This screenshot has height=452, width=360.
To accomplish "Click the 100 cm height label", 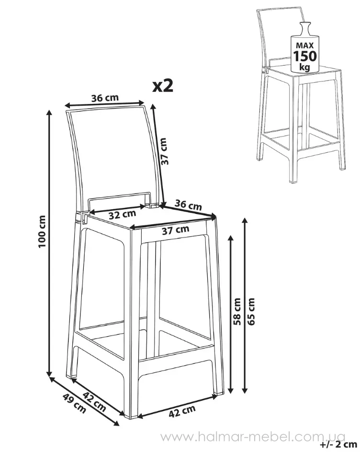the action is [x=42, y=231].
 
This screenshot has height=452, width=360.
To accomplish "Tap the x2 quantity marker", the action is [x=163, y=86].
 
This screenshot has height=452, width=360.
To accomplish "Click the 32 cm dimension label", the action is [x=122, y=214].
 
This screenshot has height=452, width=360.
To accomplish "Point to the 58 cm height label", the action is [x=237, y=312].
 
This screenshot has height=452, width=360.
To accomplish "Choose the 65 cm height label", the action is [x=251, y=312].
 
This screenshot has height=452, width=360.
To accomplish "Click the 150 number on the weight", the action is [x=304, y=56].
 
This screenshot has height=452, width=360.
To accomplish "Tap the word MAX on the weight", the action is [x=304, y=45].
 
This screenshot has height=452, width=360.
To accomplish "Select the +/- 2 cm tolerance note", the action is [x=338, y=444].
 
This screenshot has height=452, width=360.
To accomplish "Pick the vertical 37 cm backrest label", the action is [x=164, y=151].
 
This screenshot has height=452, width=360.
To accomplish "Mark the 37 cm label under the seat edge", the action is [x=175, y=230].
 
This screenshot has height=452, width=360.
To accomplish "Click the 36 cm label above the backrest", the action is [x=105, y=98].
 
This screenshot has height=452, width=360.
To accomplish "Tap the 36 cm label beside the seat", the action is [x=188, y=204].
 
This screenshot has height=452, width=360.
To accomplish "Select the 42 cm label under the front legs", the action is [x=182, y=411].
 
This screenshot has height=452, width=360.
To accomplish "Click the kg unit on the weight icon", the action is [x=304, y=67].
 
